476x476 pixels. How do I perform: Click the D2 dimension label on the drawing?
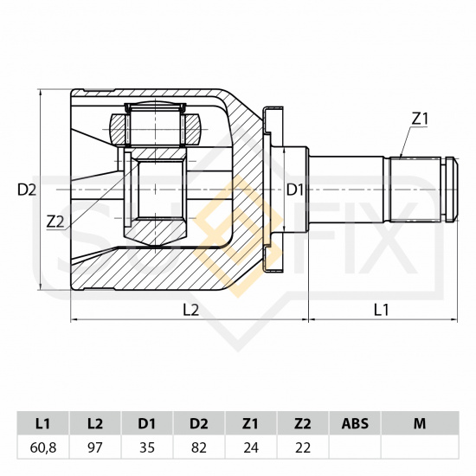click(27, 190)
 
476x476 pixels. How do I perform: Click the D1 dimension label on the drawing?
click(295, 190)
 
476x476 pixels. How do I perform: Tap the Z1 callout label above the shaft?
click(420, 119)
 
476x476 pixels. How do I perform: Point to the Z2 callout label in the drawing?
click(55, 222)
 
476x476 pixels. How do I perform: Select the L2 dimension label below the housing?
click(190, 310)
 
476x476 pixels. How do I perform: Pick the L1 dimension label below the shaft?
click(381, 310)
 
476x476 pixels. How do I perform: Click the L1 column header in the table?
click(42, 423)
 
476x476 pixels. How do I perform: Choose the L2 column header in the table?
click(95, 423)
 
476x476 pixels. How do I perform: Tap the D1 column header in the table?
click(147, 423)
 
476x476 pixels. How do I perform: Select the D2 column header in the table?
click(199, 423)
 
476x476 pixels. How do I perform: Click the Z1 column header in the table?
click(251, 423)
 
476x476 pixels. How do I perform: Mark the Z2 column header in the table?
click(303, 423)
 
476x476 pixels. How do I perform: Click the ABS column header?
click(355, 423)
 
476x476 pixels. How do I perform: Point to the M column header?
click(420, 423)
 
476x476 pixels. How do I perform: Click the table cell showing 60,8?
click(42, 447)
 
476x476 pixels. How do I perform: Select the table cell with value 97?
click(95, 447)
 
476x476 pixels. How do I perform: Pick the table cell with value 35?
click(147, 447)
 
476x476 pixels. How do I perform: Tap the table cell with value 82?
click(199, 447)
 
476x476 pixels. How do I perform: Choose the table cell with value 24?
click(251, 447)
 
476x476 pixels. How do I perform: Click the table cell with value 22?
click(303, 447)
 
